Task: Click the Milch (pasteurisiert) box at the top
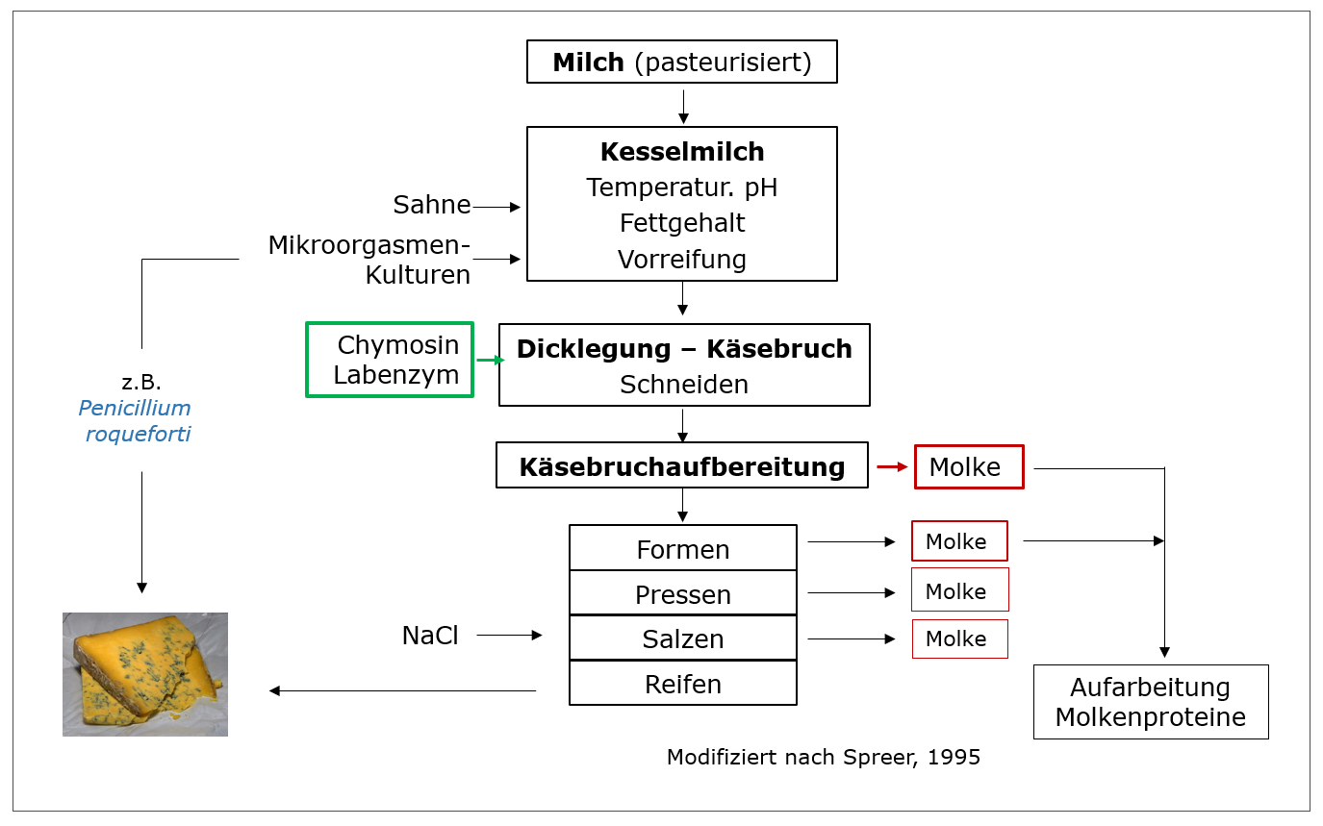pyautogui.click(x=682, y=63)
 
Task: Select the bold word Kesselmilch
pyautogui.click(x=682, y=152)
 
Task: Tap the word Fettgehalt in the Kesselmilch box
pyautogui.click(x=682, y=223)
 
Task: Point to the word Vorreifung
pyautogui.click(x=682, y=260)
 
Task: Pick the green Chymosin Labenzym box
pyautogui.click(x=390, y=360)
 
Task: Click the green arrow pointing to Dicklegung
pyautogui.click(x=490, y=360)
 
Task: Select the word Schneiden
pyautogui.click(x=683, y=385)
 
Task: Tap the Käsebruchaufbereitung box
pyautogui.click(x=682, y=466)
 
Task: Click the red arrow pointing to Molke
pyautogui.click(x=892, y=467)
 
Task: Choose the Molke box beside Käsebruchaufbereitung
pyautogui.click(x=969, y=467)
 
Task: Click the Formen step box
pyautogui.click(x=683, y=549)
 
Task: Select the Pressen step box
pyautogui.click(x=683, y=594)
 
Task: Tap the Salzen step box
pyautogui.click(x=683, y=638)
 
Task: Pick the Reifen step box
pyautogui.click(x=683, y=684)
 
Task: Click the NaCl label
pyautogui.click(x=430, y=636)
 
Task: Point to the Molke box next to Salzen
pyautogui.click(x=959, y=639)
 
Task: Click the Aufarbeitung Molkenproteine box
pyautogui.click(x=1151, y=702)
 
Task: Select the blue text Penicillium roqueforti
pyautogui.click(x=136, y=421)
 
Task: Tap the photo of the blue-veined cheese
pyautogui.click(x=145, y=674)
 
